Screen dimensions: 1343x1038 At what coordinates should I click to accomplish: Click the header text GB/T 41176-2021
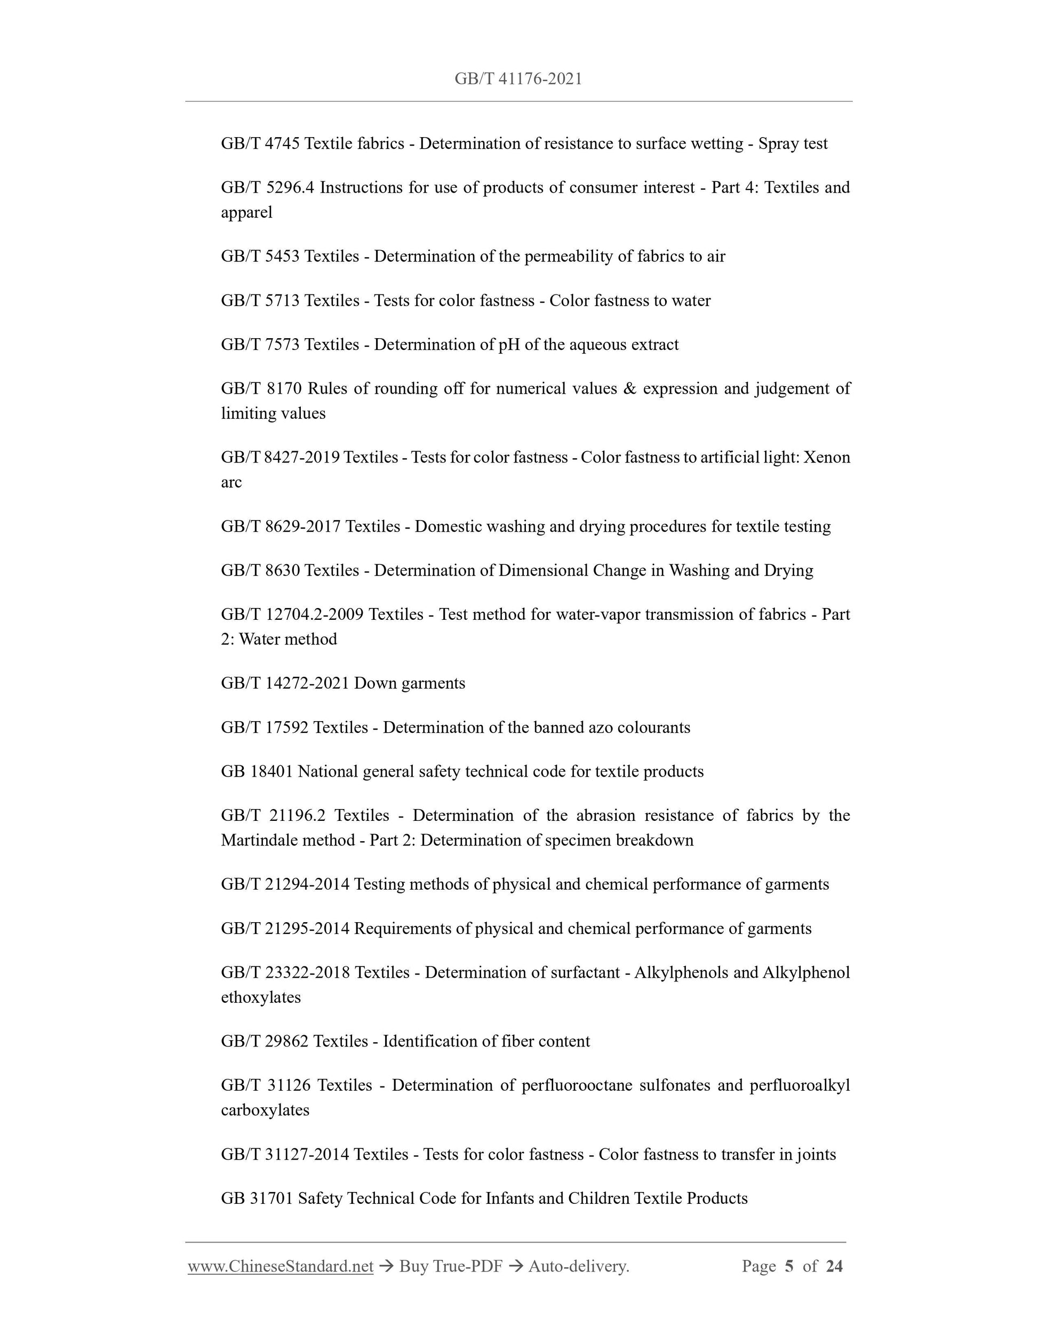[518, 79]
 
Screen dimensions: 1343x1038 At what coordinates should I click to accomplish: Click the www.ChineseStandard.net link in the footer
[281, 1266]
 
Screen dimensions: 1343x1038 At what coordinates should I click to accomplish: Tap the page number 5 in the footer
[789, 1266]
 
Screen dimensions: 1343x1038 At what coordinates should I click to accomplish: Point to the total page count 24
[834, 1266]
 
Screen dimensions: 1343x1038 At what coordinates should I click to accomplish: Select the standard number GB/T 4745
[260, 144]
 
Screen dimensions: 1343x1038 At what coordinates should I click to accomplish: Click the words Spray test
[793, 144]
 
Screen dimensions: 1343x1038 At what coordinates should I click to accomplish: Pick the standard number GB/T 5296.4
[267, 188]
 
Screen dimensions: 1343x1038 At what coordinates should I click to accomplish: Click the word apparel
[246, 213]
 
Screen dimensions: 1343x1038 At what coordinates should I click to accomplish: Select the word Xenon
[827, 458]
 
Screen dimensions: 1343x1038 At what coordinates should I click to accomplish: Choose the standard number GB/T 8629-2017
[281, 526]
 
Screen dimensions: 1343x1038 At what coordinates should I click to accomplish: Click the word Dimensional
[543, 571]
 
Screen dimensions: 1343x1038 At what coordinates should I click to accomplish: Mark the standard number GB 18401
[257, 772]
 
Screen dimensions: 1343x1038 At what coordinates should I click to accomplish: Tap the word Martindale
[261, 841]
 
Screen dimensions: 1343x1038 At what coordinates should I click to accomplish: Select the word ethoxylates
[261, 997]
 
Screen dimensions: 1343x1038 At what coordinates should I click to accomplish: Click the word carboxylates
[265, 1110]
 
